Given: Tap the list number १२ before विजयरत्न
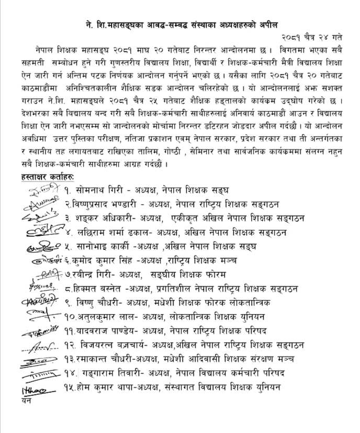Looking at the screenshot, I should (x=70, y=345).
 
